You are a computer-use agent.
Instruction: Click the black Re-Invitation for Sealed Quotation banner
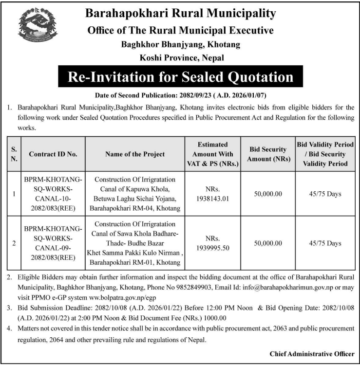tap(180, 77)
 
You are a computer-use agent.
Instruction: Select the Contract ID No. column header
tap(53, 154)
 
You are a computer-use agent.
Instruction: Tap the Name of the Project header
tap(135, 154)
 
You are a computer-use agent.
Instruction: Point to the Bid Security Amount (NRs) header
tap(268, 154)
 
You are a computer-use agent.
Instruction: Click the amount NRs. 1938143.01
tap(212, 194)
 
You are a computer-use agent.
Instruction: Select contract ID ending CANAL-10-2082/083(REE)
tap(53, 194)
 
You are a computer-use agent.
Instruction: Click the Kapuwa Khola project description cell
tap(135, 194)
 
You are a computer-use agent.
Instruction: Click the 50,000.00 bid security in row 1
tap(268, 194)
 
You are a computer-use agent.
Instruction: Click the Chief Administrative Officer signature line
tap(312, 354)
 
